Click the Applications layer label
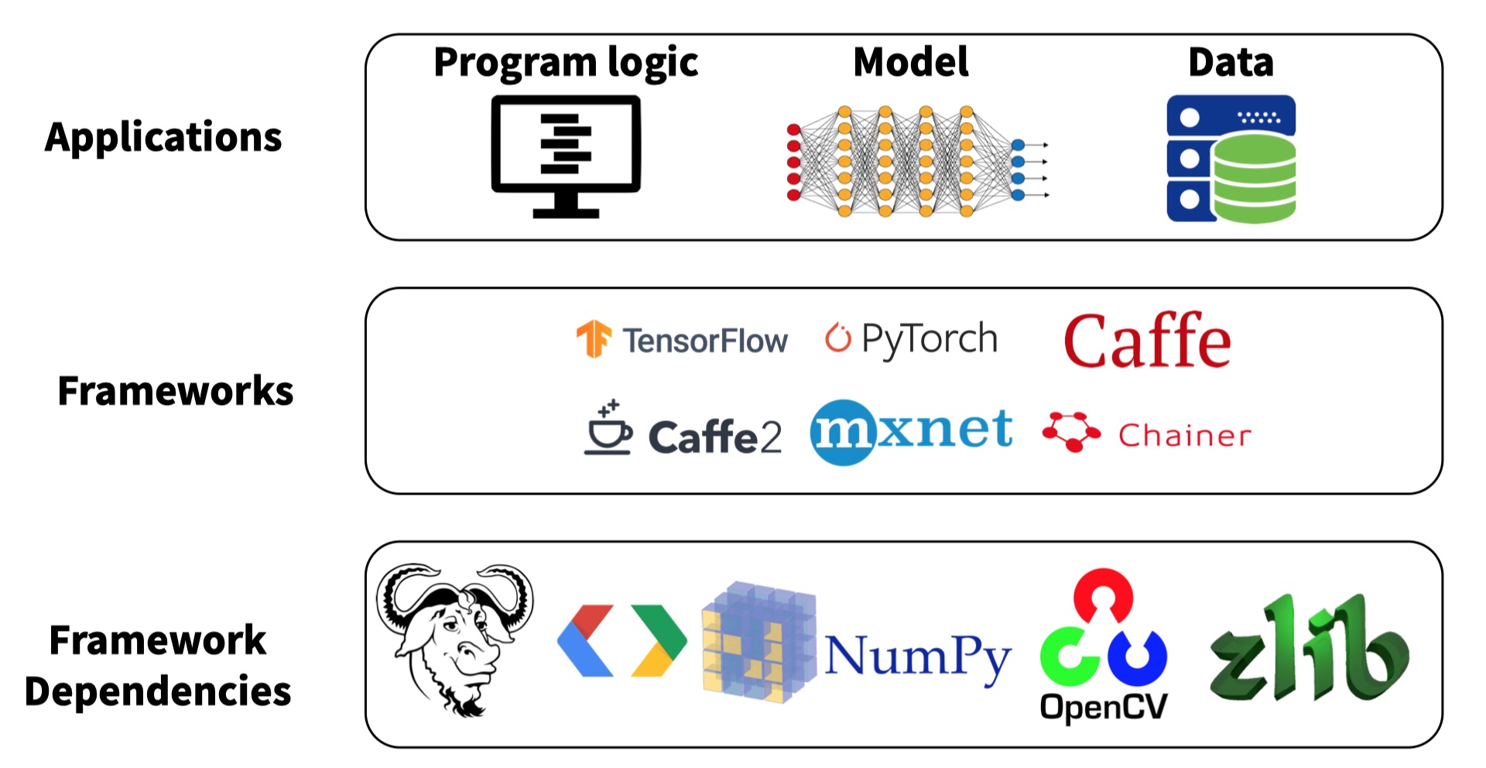163,138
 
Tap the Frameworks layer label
176,391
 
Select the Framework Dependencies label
158,665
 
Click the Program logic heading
566,63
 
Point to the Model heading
910,62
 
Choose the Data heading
1231,62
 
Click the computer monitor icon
566,156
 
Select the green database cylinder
1254,178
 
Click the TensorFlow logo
682,340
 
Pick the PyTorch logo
912,339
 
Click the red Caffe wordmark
1147,341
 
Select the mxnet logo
911,431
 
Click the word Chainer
1184,436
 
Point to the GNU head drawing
454,636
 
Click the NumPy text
917,657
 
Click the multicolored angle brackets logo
621,641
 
